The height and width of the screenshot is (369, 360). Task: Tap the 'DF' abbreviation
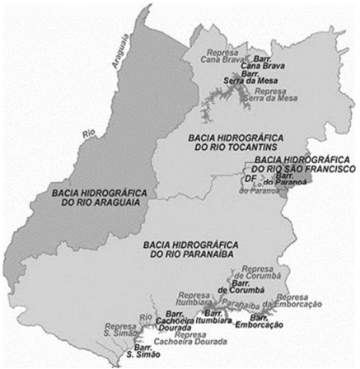[x=249, y=178]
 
